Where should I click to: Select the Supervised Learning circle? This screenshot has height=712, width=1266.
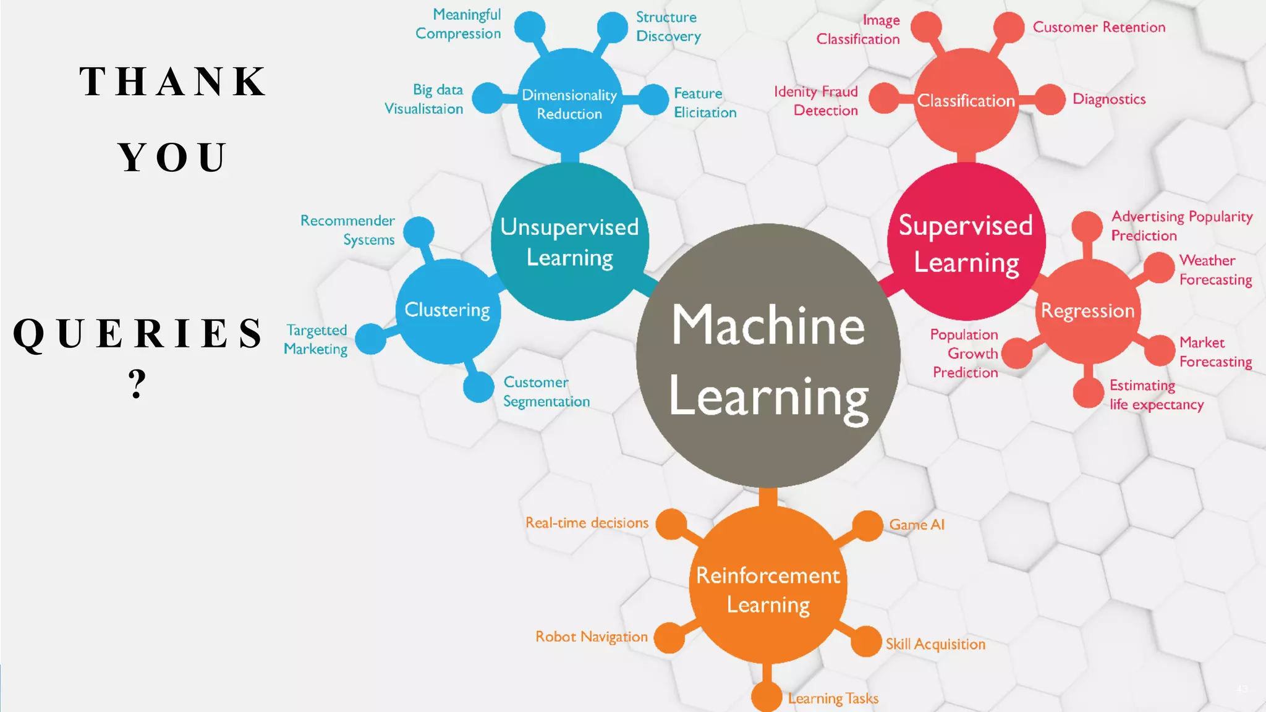[966, 242]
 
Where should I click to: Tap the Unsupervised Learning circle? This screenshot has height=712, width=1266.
[569, 242]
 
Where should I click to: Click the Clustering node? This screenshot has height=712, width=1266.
[448, 310]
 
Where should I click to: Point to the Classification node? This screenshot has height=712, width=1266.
[966, 100]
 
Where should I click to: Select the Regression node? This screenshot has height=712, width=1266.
[1088, 311]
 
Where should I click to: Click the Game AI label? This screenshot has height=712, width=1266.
[917, 525]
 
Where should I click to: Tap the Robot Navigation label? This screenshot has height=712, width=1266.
[592, 637]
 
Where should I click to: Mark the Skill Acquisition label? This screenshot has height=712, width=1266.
[935, 644]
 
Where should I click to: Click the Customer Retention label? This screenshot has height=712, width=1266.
[1099, 27]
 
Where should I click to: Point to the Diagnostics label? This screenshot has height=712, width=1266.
[1109, 99]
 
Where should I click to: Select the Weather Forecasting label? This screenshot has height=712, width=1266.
[1215, 270]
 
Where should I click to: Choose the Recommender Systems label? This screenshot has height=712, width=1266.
[348, 230]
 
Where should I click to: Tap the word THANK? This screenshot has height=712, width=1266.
[174, 82]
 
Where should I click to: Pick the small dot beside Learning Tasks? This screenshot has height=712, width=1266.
[767, 697]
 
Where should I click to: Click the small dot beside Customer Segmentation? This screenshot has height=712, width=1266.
[478, 388]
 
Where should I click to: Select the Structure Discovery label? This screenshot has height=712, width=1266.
[668, 27]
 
